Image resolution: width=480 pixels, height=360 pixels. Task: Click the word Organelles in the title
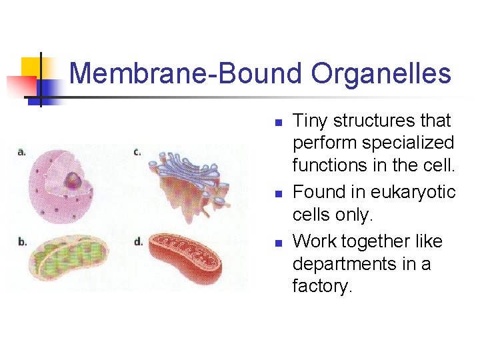point(381,73)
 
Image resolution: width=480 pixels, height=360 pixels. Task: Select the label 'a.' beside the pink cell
point(21,152)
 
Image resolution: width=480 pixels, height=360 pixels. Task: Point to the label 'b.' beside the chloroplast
point(22,241)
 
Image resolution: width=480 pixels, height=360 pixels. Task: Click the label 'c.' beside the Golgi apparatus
point(137,152)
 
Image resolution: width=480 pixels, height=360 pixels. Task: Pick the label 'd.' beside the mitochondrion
point(139,241)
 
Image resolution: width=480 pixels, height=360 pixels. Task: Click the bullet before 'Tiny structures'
point(279,123)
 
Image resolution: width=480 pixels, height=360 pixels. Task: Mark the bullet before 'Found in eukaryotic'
point(279,194)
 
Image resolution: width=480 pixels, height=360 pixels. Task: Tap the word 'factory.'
point(322,287)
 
